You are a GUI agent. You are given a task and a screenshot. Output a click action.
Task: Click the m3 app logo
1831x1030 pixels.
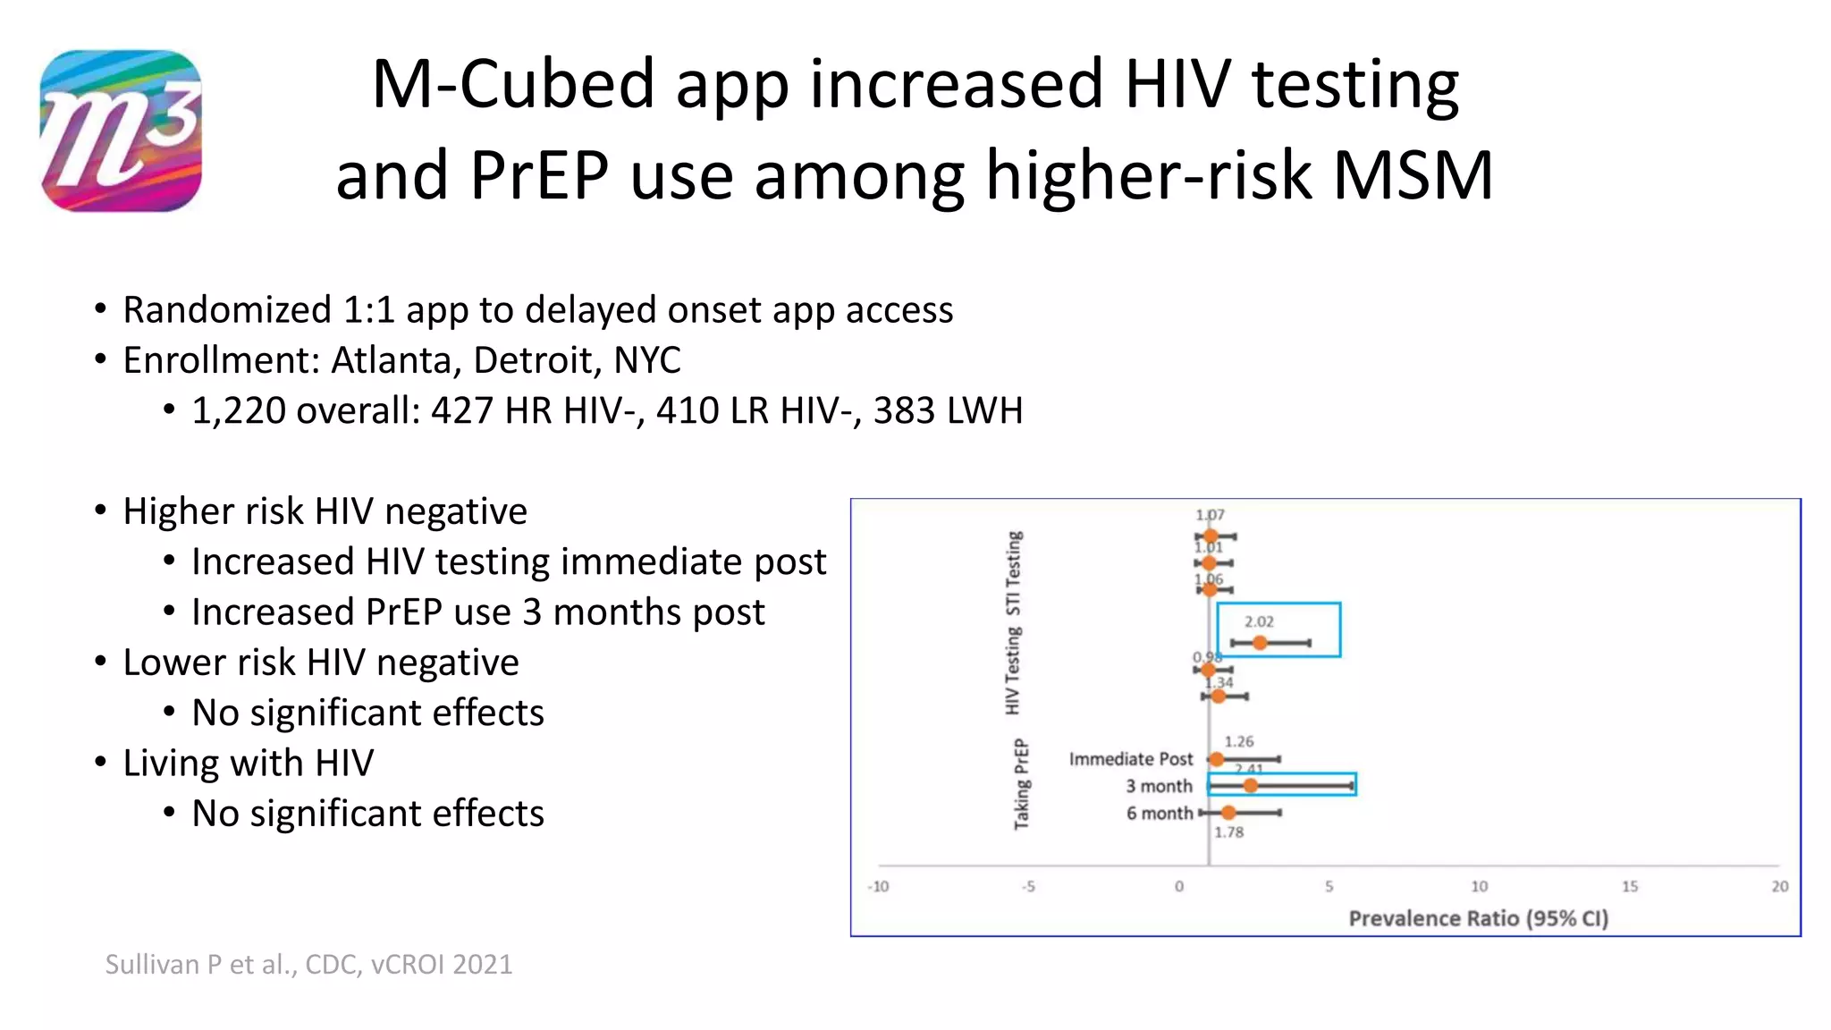[x=121, y=131]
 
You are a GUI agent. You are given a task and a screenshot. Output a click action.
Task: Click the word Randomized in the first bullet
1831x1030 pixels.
[x=226, y=309]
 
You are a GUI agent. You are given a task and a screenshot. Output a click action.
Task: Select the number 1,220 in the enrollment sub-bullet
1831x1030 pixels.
[x=238, y=410]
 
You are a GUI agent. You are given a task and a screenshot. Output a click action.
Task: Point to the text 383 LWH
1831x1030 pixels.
[x=948, y=410]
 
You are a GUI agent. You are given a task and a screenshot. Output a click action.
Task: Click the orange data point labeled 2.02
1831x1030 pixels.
[x=1260, y=643]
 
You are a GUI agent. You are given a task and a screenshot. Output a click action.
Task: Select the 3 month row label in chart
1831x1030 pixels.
[x=1159, y=786]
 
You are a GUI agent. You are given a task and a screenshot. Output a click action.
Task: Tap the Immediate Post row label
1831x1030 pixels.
[x=1131, y=759]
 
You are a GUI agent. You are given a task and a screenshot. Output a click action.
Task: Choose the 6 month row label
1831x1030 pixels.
[x=1160, y=813]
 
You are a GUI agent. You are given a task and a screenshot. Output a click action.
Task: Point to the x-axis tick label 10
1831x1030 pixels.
[x=1480, y=886]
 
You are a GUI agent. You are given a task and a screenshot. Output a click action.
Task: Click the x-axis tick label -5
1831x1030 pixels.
[x=1028, y=886]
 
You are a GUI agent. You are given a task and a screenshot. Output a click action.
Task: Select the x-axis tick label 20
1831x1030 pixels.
[x=1780, y=886]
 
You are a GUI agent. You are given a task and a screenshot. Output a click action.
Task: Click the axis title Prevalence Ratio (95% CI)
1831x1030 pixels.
[x=1478, y=918]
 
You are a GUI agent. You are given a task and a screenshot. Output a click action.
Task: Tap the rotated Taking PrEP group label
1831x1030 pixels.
[x=1021, y=784]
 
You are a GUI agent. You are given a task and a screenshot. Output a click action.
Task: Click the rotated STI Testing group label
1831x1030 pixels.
[x=1013, y=573]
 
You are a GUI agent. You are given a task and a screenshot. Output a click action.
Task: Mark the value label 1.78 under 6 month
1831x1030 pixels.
[x=1228, y=832]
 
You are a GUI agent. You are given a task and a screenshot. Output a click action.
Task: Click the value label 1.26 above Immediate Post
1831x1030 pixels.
[x=1239, y=741]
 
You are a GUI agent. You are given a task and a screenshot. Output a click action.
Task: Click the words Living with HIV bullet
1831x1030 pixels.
[x=248, y=763]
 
